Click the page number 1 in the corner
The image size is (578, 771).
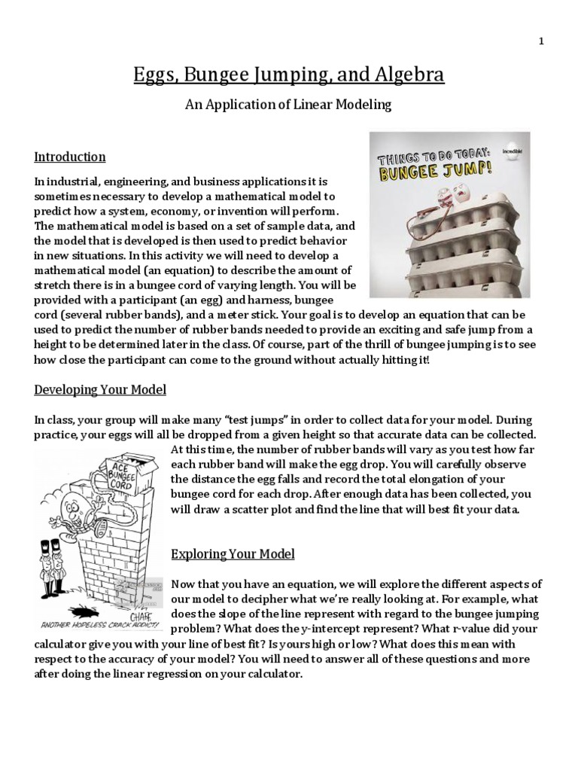click(540, 41)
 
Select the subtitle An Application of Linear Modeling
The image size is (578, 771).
click(288, 105)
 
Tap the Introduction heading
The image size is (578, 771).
click(70, 157)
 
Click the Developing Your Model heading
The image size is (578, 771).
click(100, 390)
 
